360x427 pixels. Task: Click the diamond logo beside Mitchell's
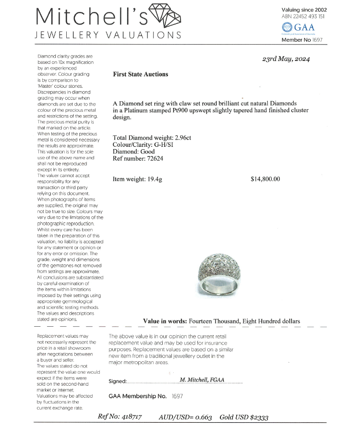(165, 16)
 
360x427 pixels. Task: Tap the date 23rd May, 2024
(286, 59)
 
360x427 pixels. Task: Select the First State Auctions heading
(141, 74)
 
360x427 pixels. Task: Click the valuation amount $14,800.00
(265, 179)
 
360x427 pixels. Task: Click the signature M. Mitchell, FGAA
(202, 380)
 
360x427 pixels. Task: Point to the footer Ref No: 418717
(120, 416)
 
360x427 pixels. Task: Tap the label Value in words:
(165, 321)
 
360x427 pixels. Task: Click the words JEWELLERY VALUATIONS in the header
(108, 35)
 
